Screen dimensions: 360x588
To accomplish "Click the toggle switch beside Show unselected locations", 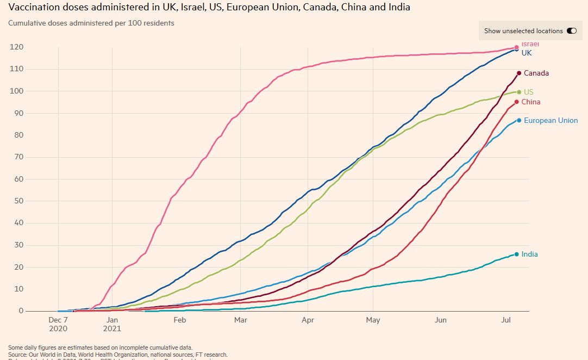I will [x=571, y=31].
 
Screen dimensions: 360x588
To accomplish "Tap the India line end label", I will [x=529, y=255].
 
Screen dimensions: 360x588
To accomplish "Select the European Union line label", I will [x=551, y=121].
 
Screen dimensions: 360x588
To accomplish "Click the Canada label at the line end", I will [x=536, y=73].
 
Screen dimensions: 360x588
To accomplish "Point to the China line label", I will [x=530, y=102].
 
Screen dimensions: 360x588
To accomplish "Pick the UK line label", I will [x=527, y=53].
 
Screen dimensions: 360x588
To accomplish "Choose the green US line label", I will [x=528, y=92].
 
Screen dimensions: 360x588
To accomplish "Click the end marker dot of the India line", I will [x=516, y=254].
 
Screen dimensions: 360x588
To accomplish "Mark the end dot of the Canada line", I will [x=519, y=73].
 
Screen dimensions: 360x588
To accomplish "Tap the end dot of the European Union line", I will [x=519, y=120].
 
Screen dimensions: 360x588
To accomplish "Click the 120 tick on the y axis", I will [x=16, y=47].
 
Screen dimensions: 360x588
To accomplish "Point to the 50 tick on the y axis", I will [x=18, y=201].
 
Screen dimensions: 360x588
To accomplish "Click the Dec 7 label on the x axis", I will [x=58, y=320].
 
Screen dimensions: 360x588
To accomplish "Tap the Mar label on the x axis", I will [x=240, y=320].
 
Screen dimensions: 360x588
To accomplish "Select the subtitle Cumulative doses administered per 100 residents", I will [x=91, y=23].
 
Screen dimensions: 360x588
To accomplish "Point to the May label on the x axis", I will [x=373, y=320].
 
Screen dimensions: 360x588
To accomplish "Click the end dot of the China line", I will [x=516, y=102].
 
